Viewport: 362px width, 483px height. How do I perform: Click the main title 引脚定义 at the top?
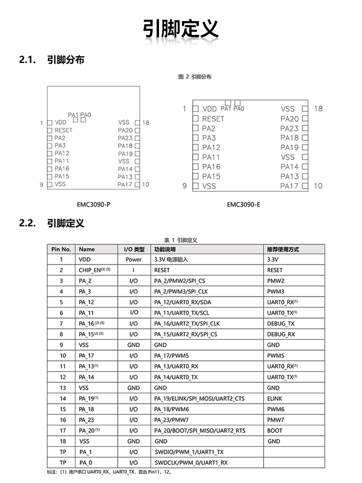[x=181, y=29]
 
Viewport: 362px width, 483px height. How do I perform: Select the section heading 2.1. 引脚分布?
[x=51, y=60]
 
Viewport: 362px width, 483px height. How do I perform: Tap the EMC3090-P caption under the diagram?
[x=93, y=205]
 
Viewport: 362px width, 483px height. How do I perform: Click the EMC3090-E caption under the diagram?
[x=243, y=205]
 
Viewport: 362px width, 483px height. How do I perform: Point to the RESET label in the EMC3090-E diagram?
[x=213, y=119]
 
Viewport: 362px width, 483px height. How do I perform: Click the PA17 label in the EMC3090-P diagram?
[x=125, y=184]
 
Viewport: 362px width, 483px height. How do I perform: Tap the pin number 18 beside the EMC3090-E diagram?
[x=318, y=109]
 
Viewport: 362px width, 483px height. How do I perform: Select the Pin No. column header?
[x=61, y=249]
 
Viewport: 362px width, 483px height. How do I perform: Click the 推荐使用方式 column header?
[x=283, y=249]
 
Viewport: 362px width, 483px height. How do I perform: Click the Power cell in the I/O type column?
[x=133, y=260]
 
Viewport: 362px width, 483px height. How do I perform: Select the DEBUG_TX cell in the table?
[x=280, y=324]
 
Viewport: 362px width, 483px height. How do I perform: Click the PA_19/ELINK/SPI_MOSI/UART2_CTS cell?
[x=199, y=399]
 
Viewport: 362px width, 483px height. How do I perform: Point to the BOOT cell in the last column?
[x=274, y=431]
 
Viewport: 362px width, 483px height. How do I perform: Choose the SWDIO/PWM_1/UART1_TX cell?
[x=189, y=452]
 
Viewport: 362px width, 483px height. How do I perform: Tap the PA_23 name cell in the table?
[x=86, y=420]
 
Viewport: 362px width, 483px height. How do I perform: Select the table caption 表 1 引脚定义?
[x=181, y=240]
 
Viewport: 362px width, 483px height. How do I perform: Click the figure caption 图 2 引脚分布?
[x=195, y=77]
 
